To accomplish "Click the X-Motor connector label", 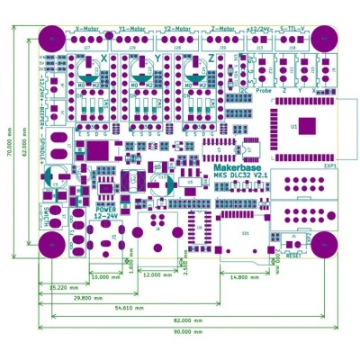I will (x=89, y=28).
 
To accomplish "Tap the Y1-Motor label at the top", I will (x=131, y=28).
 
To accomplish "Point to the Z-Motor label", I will (x=223, y=28).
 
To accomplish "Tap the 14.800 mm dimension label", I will (x=244, y=277).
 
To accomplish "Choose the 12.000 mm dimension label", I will (x=158, y=275).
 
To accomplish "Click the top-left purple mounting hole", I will (x=52, y=39).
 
